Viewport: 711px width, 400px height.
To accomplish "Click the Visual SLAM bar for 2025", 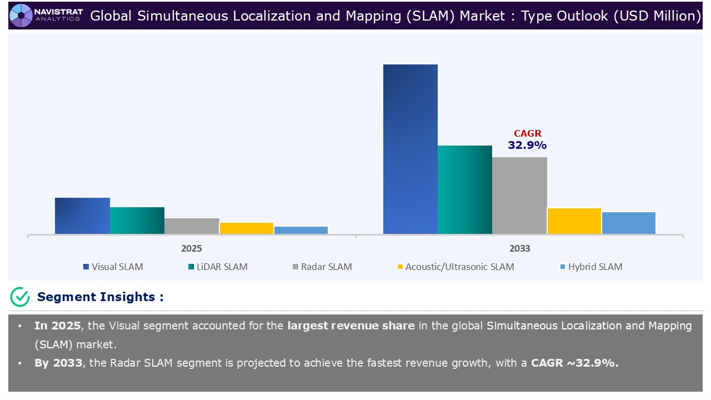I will point(82,216).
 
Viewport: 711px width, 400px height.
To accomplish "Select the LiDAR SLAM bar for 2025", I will point(137,221).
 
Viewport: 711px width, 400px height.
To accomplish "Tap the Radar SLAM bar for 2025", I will point(192,226).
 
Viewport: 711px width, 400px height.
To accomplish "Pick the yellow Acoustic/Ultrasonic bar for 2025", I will point(247,228).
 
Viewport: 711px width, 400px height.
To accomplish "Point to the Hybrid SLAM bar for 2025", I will point(301,230).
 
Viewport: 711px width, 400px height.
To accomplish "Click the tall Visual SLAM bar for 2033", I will point(410,149).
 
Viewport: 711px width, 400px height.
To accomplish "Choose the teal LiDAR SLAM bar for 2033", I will point(465,189).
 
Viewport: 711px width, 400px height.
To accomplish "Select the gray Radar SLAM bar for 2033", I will point(519,196).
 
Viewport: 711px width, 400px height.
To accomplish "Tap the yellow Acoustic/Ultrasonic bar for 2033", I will point(574,221).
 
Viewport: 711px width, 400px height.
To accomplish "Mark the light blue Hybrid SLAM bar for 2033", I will point(629,223).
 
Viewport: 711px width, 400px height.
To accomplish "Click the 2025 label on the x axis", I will point(192,248).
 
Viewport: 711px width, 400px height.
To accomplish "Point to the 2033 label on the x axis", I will point(519,248).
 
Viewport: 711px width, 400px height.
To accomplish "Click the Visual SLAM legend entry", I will point(113,267).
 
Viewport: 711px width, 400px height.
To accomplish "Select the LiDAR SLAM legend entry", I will point(218,267).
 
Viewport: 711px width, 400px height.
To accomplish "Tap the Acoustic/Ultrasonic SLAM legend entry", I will point(455,267).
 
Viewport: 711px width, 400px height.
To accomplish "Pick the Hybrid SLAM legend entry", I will point(591,267).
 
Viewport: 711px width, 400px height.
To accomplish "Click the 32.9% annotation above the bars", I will point(527,145).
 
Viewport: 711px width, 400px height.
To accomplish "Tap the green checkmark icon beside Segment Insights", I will point(20,297).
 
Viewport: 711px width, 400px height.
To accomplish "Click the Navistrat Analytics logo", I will point(46,15).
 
